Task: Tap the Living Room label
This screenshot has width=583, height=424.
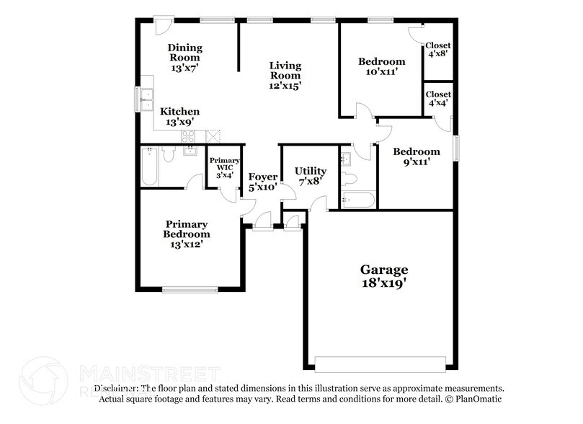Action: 285,76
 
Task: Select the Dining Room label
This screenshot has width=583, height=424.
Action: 185,58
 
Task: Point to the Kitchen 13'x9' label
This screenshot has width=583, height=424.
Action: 179,117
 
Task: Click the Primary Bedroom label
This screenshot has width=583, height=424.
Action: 187,234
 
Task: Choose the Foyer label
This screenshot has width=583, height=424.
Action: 262,182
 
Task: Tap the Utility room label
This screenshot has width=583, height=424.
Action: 311,176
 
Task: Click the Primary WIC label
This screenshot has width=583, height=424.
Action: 222,167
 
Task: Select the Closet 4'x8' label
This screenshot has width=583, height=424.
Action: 437,50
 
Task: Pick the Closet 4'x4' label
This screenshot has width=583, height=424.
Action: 437,99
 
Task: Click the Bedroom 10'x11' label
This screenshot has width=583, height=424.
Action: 381,66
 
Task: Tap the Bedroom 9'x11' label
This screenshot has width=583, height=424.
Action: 416,156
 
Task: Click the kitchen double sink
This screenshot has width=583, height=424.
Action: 147,99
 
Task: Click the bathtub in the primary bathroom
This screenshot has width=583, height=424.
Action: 149,167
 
